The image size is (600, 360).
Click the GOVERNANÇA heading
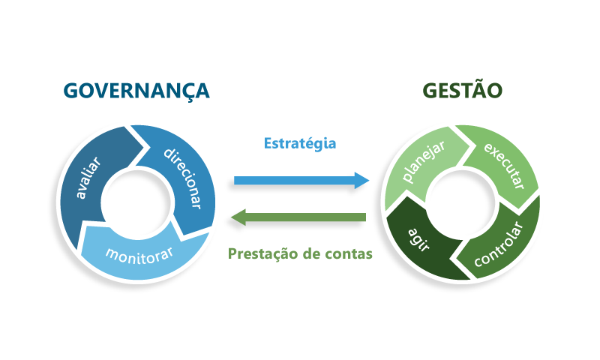point(136,91)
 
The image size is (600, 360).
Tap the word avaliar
point(88,178)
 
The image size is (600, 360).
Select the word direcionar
point(182,178)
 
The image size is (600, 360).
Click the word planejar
point(423,161)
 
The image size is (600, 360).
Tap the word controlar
point(498,244)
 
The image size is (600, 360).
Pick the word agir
point(418,240)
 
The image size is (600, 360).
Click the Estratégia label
point(300,143)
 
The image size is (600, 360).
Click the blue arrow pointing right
point(301,181)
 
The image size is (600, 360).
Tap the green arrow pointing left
point(298,217)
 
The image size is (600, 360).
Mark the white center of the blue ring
point(136,203)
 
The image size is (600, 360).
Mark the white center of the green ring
point(460,203)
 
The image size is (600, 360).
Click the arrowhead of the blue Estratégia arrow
point(362,181)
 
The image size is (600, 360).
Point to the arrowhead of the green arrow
point(238,217)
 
